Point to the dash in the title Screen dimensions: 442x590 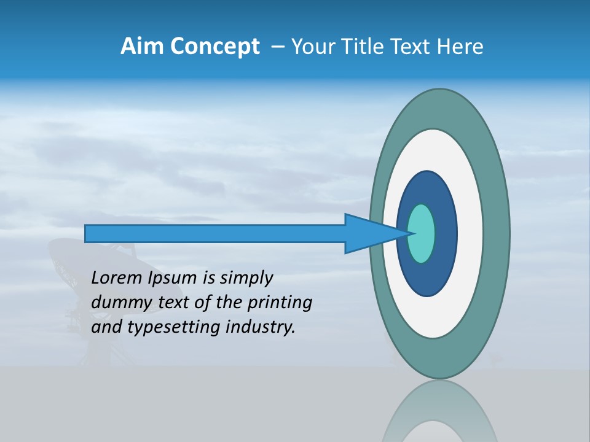277,47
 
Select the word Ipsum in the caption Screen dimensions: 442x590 173,278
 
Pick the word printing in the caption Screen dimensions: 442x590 280,303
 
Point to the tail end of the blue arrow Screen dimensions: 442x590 87,233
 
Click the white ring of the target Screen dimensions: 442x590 470,233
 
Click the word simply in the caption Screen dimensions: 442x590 245,278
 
